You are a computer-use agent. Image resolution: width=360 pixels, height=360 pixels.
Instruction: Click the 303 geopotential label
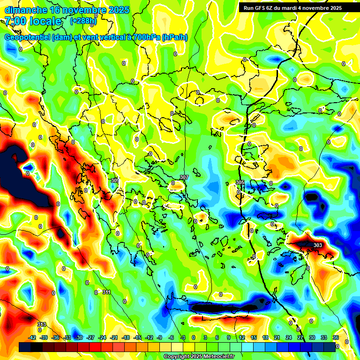tap(317, 245)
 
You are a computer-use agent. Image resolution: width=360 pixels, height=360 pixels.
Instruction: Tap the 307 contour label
tap(184, 177)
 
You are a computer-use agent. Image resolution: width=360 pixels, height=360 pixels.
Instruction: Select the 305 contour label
tap(240, 182)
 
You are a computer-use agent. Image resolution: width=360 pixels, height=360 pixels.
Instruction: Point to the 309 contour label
tap(114, 180)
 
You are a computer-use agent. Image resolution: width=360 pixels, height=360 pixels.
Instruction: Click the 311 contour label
tap(106, 292)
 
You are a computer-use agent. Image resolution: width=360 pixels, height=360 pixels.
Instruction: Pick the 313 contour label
tap(41, 324)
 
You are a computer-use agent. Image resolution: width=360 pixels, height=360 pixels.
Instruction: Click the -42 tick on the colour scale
tap(32, 337)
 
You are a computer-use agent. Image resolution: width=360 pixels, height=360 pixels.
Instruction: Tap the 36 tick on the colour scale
tap(336, 337)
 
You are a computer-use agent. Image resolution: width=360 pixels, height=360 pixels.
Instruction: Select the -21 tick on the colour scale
tap(114, 337)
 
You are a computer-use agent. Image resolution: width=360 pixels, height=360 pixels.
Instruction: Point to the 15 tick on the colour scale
tap(254, 337)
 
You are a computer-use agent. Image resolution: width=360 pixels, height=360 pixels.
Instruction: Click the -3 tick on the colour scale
tap(183, 337)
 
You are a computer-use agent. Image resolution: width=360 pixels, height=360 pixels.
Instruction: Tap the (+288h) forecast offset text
tap(83, 21)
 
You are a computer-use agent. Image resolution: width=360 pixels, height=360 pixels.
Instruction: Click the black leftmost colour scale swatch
tap(25, 347)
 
